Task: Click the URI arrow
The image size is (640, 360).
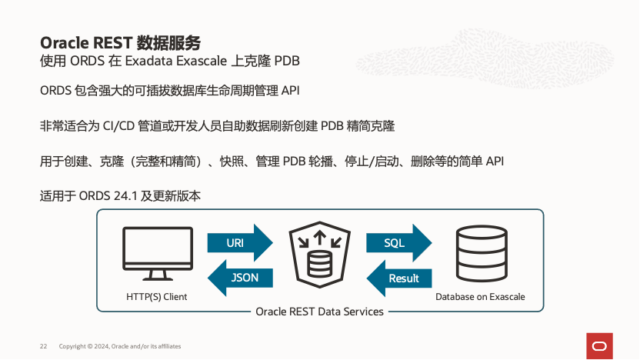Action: point(239,243)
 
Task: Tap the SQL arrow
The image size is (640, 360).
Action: point(398,243)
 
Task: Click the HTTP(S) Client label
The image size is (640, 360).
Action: point(156,296)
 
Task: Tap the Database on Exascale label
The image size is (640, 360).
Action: point(480,296)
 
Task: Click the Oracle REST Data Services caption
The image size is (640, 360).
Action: point(319,312)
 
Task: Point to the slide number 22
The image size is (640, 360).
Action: point(44,347)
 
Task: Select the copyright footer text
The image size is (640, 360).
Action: point(120,347)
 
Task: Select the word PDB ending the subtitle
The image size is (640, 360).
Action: point(287,60)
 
